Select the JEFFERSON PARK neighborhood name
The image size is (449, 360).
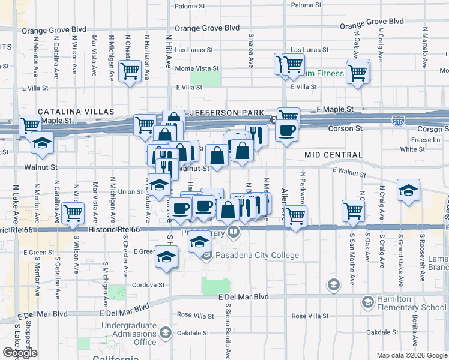pyautogui.click(x=226, y=113)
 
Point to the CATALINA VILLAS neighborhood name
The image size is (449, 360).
pyautogui.click(x=76, y=112)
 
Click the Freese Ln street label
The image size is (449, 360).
pyautogui.click(x=427, y=140)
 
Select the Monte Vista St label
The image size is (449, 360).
pyautogui.click(x=196, y=69)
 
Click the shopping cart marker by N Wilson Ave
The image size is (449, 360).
pyautogui.click(x=73, y=212)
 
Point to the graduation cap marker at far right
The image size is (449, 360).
pyautogui.click(x=408, y=190)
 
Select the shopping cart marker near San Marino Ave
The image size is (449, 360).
pyautogui.click(x=353, y=210)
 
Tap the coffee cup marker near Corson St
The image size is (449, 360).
pyautogui.click(x=287, y=130)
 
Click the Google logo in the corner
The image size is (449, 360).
pyautogui.click(x=19, y=353)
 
